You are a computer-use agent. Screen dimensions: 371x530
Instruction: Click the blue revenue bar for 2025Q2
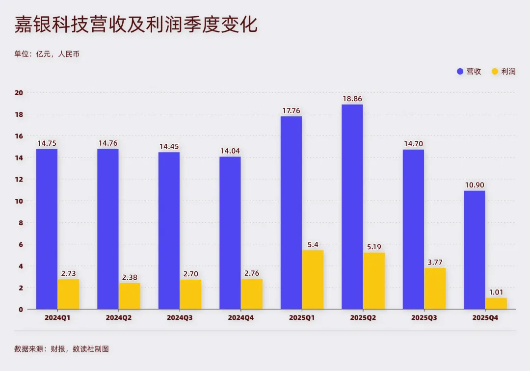pos(352,207)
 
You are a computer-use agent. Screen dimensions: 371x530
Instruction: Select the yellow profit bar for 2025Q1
pos(313,280)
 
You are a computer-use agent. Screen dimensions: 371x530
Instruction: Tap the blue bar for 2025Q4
pos(474,250)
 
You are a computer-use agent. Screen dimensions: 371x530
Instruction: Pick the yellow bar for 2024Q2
pos(130,296)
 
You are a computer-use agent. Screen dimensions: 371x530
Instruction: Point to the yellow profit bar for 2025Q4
pos(496,303)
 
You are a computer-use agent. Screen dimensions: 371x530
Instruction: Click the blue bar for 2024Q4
pos(230,233)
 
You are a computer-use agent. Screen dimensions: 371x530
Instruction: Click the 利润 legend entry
pos(503,71)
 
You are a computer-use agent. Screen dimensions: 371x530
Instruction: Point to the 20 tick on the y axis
pos(19,93)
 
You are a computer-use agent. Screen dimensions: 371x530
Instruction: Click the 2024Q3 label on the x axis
pos(180,318)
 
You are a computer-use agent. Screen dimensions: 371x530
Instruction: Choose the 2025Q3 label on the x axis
pos(424,318)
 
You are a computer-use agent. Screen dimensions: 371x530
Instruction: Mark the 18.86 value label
pos(352,99)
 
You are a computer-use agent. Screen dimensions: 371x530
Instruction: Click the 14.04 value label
pos(230,151)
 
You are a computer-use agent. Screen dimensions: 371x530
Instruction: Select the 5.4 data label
pos(313,244)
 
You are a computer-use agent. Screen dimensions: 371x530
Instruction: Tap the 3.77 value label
pos(435,262)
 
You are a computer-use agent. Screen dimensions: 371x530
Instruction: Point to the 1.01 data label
pos(496,292)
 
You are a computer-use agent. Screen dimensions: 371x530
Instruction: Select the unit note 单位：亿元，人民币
pos(47,54)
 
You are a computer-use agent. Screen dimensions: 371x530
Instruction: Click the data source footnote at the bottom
pos(61,349)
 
